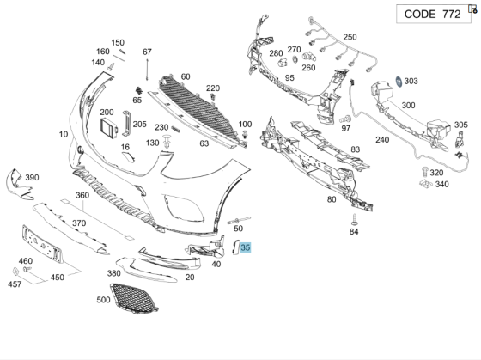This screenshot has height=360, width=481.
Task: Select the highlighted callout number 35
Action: click(x=246, y=247)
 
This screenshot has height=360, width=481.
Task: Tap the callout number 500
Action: click(x=105, y=300)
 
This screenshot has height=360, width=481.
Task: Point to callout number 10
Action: click(x=64, y=134)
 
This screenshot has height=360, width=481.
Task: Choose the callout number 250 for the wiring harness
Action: click(x=350, y=37)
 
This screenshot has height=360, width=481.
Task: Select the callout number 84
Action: click(x=353, y=231)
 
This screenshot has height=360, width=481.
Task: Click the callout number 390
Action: click(x=32, y=177)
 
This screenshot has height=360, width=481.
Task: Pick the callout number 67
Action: click(x=147, y=52)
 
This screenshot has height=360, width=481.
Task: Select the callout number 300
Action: click(x=409, y=105)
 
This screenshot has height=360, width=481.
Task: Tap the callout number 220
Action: click(x=212, y=88)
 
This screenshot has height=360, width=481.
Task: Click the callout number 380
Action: click(x=113, y=273)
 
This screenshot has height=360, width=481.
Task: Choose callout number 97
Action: click(x=346, y=128)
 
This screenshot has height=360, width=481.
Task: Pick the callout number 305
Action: click(x=461, y=125)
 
